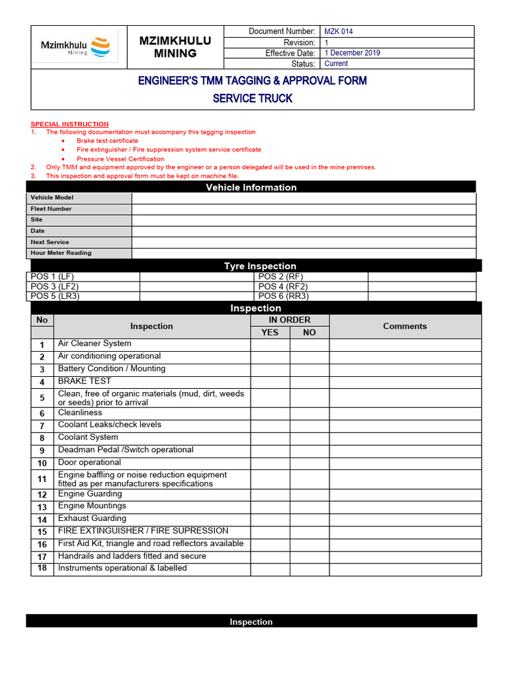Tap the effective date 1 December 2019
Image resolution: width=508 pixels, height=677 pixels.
point(352,53)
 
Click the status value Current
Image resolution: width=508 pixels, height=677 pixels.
point(336,63)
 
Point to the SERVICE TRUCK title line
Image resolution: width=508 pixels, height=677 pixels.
point(252,99)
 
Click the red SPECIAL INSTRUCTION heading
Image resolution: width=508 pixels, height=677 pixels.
point(69,124)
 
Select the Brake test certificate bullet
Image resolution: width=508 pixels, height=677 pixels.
point(107,141)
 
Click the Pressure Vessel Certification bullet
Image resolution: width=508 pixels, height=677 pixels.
point(120,159)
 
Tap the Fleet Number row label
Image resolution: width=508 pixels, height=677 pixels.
point(51,209)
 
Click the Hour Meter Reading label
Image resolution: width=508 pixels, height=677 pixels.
point(61,253)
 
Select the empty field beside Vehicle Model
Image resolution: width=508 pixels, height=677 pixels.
point(304,198)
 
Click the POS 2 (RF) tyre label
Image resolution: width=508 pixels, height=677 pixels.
point(280,276)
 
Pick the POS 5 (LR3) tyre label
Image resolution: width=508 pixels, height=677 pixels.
point(54,296)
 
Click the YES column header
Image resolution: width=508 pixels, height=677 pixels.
point(270,333)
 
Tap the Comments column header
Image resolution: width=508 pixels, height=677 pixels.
point(405,326)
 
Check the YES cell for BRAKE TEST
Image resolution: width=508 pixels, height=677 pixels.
point(270,381)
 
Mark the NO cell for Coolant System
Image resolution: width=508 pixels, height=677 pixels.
point(310,438)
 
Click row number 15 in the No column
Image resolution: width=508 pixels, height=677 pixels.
point(42,532)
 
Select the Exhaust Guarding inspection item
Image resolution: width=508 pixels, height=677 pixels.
point(92,518)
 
